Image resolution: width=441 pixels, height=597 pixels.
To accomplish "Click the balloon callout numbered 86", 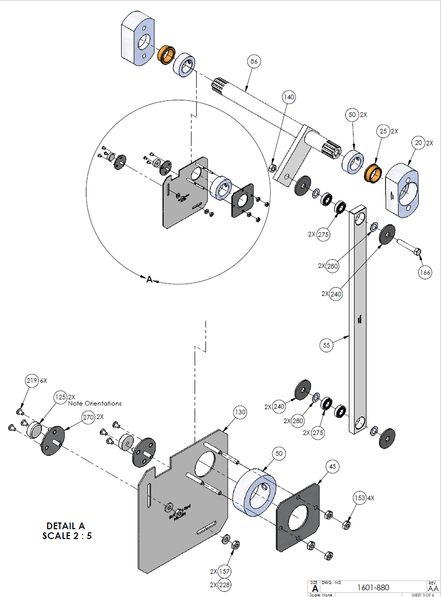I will pos(254,62).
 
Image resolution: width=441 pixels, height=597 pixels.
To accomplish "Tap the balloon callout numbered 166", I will pos(425,273).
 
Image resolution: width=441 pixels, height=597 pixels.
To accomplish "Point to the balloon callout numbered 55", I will pos(326,344).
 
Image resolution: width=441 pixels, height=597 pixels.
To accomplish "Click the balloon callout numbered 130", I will pos(240,412).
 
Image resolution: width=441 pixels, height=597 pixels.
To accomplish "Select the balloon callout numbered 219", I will pos(32,381).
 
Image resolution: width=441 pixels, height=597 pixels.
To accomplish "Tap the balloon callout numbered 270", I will pos(88,417).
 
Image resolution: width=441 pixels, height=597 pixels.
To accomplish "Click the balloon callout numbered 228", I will pos(224,585).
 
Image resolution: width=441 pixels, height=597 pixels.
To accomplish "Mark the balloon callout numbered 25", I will pos(383,131).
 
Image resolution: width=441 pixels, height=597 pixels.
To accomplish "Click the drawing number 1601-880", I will pos(373,587).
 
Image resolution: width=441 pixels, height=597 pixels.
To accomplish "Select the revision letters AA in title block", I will pos(433,588).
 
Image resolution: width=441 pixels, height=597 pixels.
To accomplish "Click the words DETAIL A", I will pos(67,526).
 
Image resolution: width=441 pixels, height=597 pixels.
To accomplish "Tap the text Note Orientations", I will pos(95,404).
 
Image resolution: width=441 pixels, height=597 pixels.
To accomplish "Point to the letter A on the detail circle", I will pos(149,279).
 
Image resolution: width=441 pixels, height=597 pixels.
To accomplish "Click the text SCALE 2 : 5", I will pos(67,536).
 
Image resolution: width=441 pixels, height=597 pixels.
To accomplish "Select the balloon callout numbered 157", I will pos(224,572).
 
